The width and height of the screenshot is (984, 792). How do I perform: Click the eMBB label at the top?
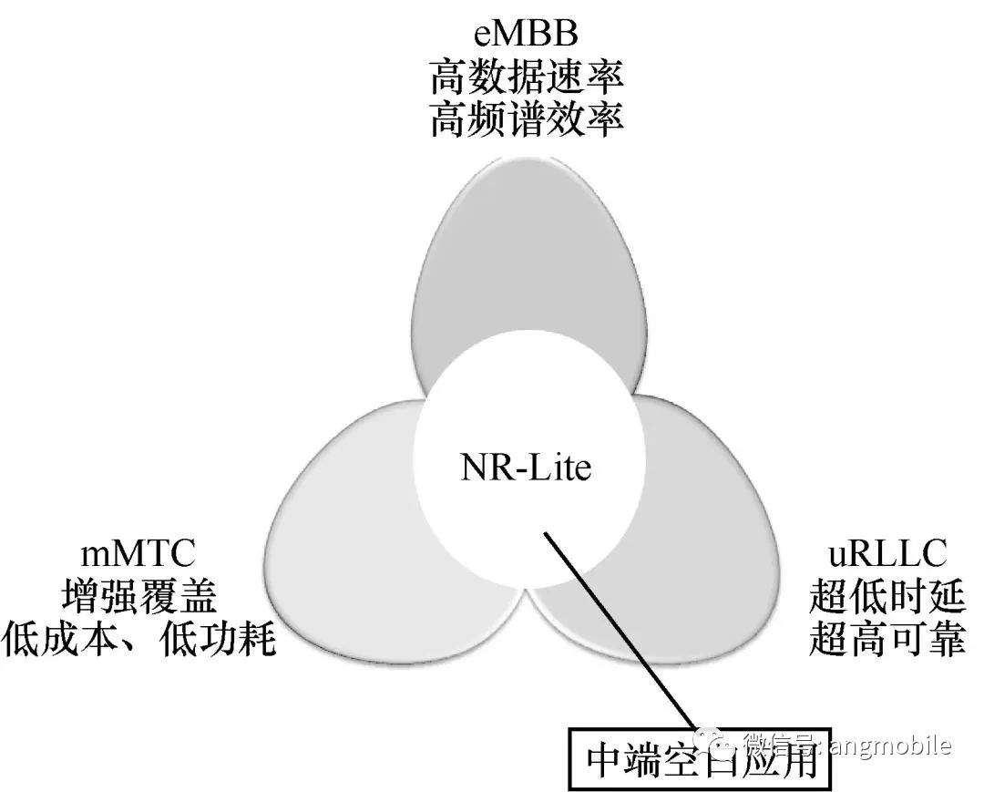coord(526,35)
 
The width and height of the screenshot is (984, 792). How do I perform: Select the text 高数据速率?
coord(527,78)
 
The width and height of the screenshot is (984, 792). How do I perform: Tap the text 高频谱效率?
coord(527,120)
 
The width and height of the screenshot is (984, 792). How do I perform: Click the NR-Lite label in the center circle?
coord(526,468)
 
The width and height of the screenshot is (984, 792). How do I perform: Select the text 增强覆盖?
coord(139,595)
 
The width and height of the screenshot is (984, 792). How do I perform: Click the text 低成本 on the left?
coord(59,638)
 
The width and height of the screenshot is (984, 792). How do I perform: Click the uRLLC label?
coord(887,553)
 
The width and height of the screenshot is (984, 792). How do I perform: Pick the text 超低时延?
coord(887,595)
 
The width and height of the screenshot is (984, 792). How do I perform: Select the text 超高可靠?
coord(887,638)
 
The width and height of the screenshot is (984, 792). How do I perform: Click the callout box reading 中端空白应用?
coord(700,759)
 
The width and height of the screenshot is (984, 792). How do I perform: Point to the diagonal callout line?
coord(621,631)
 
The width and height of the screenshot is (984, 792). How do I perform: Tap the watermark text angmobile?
coord(890,746)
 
